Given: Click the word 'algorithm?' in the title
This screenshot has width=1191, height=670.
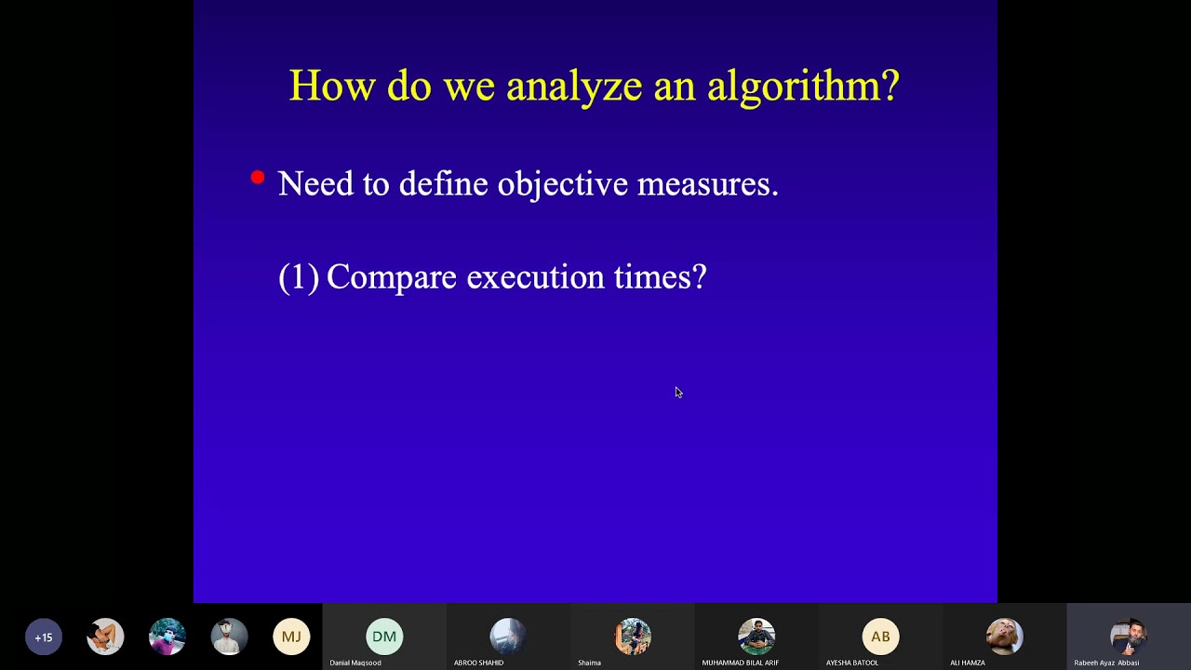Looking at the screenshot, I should [803, 87].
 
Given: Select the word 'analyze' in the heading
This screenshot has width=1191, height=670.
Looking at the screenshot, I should [574, 87].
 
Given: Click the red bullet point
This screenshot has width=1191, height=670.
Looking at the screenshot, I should [258, 177].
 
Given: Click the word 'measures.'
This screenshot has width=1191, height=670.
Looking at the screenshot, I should [707, 184].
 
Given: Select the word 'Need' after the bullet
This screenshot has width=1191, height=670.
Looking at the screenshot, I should [314, 183].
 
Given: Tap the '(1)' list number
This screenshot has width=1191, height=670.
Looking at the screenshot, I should [299, 277].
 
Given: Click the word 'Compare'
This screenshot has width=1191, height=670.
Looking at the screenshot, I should [392, 277].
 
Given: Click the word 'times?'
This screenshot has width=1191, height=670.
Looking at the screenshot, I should [661, 277].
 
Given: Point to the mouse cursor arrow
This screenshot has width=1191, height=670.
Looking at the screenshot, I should [678, 393].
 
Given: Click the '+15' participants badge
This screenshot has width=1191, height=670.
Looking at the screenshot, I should [44, 637].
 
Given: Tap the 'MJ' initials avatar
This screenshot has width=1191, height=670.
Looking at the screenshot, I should [291, 637].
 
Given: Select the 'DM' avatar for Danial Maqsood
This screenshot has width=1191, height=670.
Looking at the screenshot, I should [384, 636].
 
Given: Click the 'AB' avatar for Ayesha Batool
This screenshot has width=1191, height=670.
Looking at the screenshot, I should [880, 636].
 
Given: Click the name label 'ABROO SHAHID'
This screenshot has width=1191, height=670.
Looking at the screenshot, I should [478, 663].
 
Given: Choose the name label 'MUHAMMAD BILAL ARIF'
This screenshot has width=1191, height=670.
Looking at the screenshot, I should [740, 663].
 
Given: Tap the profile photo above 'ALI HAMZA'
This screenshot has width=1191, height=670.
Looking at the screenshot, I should [1004, 636].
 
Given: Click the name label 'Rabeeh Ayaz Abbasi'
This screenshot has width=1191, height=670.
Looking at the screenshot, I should [1106, 663].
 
